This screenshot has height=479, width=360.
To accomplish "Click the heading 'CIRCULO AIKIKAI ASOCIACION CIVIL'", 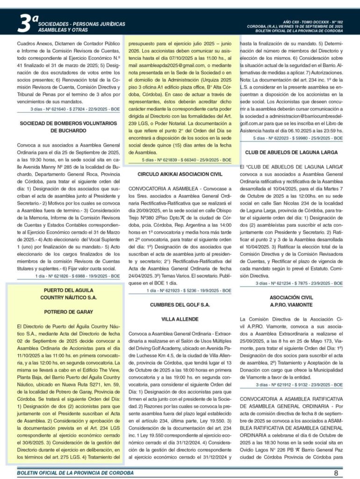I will (180, 174).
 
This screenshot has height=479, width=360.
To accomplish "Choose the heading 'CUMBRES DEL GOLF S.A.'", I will (180, 305).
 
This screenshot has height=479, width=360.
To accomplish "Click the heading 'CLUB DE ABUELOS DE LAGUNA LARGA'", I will (291, 152).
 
